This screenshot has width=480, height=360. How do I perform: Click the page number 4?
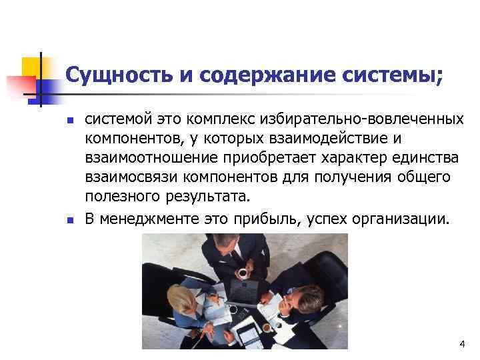(x=461, y=343)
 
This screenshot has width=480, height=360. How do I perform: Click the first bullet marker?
(x=69, y=121)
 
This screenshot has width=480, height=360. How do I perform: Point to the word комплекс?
(x=223, y=120)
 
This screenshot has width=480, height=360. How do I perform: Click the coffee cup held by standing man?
(x=243, y=273)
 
